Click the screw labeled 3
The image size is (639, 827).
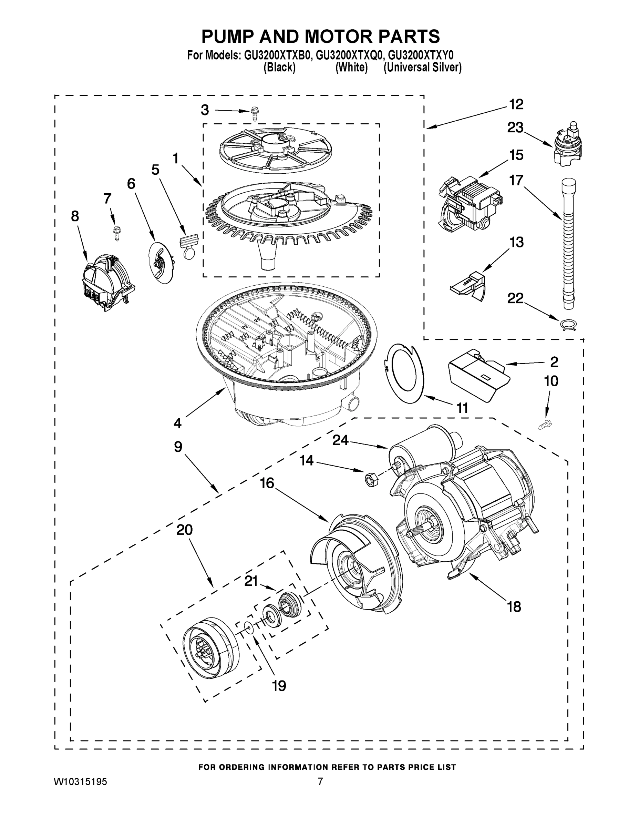(x=255, y=113)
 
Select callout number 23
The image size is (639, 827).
(x=516, y=127)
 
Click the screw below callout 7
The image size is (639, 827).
(x=115, y=233)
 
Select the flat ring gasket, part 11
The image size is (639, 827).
(x=403, y=373)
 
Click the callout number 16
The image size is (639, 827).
(x=267, y=483)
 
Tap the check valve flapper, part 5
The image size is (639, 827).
(x=189, y=246)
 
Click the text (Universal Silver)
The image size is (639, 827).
(x=422, y=68)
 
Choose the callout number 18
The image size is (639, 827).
(x=514, y=606)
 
